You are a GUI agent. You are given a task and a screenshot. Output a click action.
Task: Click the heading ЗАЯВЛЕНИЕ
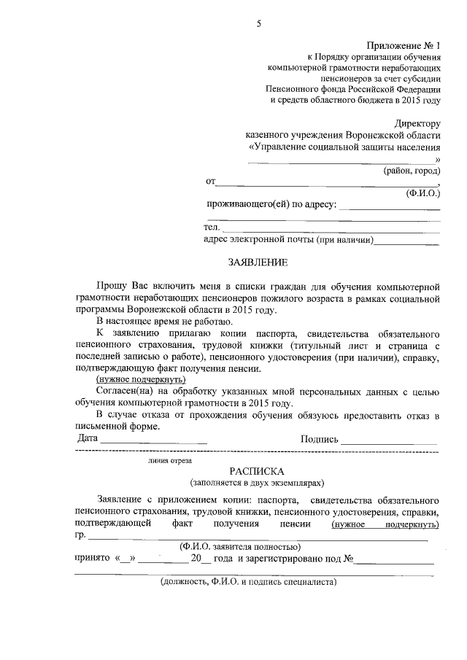click(x=258, y=262)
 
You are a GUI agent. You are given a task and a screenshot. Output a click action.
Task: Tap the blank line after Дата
click(x=153, y=441)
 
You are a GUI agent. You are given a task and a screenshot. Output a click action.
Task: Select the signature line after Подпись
click(x=390, y=441)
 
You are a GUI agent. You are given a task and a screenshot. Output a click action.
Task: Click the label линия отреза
click(x=169, y=460)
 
